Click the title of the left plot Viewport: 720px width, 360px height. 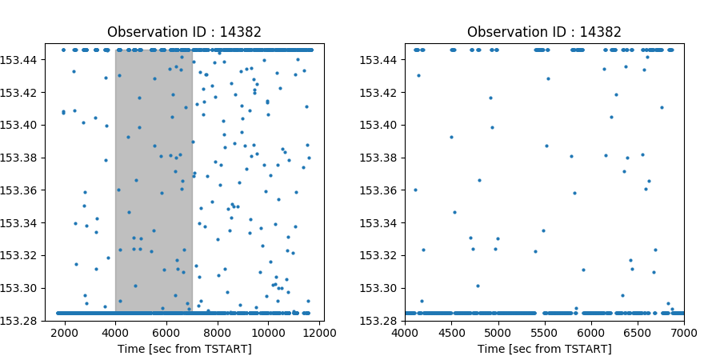coord(184,33)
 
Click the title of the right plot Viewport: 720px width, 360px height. coord(544,33)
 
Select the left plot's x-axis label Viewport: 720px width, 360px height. coord(184,349)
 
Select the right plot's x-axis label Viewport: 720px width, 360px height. coord(544,349)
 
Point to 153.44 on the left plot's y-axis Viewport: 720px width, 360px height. coord(22,59)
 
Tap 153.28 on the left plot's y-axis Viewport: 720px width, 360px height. coord(22,321)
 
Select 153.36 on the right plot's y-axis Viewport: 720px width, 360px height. coord(382,190)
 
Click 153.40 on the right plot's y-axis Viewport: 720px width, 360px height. coord(382,125)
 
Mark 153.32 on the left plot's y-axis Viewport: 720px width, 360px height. coord(22,255)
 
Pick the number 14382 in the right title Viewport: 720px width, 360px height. coord(600,33)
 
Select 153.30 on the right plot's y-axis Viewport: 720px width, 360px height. coord(382,288)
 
